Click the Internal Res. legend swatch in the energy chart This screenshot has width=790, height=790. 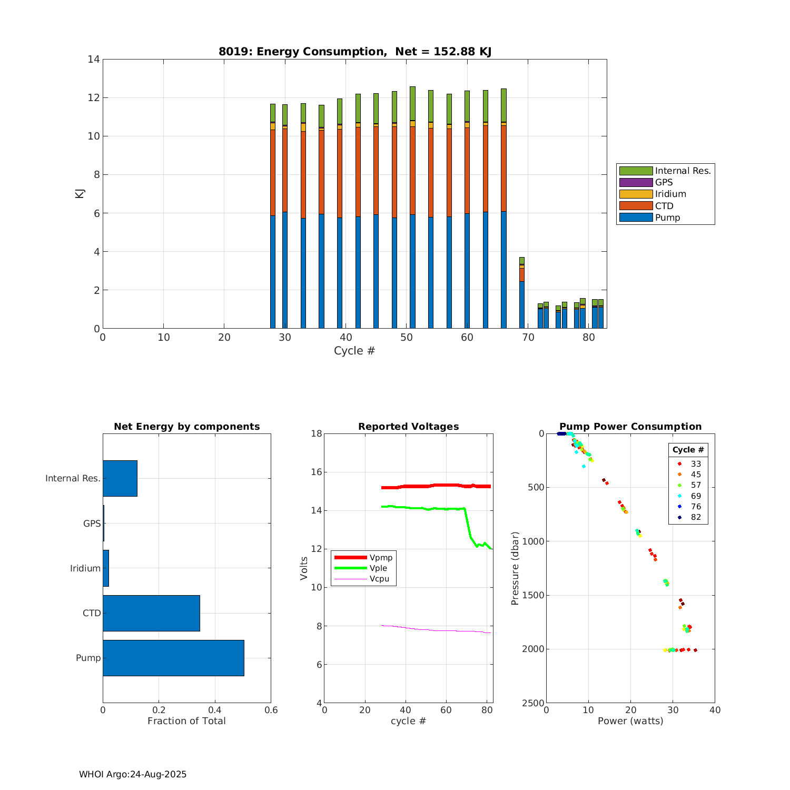[636, 171]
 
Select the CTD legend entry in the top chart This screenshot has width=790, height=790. [664, 206]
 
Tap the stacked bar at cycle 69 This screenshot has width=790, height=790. [521, 293]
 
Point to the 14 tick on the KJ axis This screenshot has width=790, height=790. [94, 60]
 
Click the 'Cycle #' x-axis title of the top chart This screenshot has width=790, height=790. [354, 351]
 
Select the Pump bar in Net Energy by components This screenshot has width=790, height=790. [173, 658]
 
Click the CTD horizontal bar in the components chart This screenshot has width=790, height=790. [151, 613]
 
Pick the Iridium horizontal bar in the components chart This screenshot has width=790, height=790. [106, 568]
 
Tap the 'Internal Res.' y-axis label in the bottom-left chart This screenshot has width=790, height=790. [73, 478]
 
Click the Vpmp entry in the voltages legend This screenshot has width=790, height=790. [381, 558]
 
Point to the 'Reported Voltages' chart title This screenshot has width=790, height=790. [408, 427]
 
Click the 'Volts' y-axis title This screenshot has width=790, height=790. [304, 568]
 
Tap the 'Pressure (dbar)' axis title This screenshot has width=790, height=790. [515, 568]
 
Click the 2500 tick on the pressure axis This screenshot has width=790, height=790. [534, 703]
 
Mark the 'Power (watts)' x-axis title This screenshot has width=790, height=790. [630, 721]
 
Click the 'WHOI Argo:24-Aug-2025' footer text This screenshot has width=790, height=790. [133, 774]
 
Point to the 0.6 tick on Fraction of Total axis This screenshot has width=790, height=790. [271, 710]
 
